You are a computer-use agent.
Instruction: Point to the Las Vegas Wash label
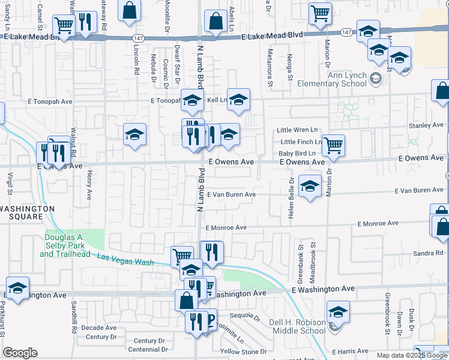(125, 259)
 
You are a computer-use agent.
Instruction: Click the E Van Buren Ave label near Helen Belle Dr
(232, 194)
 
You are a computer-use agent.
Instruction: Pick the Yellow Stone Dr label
(243, 352)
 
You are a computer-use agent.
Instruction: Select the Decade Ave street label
(98, 328)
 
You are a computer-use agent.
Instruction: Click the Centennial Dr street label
(147, 349)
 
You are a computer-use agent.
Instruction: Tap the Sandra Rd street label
(427, 254)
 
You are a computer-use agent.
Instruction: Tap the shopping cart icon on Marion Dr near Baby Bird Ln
(333, 145)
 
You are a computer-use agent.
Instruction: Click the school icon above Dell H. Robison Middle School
(338, 312)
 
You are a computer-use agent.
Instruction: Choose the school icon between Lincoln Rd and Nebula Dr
(135, 134)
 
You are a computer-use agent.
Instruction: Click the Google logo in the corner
(20, 353)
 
